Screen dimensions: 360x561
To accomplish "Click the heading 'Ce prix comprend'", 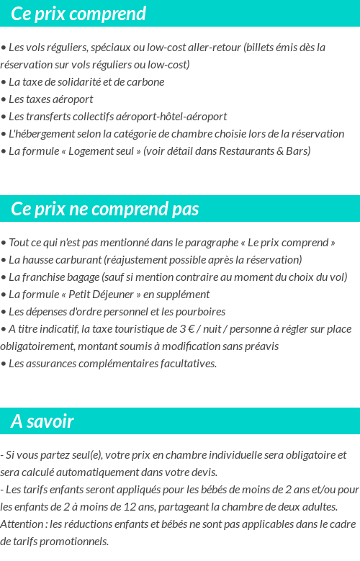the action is click(78, 14).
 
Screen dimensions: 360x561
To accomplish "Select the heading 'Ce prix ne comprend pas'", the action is click(105, 209).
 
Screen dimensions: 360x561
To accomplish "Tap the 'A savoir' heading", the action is click(42, 421).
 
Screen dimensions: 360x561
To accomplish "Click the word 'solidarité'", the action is click(79, 82).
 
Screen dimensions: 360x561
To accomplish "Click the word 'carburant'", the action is click(78, 260).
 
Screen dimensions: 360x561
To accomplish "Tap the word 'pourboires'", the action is click(201, 312).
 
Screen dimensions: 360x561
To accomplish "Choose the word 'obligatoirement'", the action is click(36, 346).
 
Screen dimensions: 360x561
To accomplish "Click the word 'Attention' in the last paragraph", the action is click(22, 524).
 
